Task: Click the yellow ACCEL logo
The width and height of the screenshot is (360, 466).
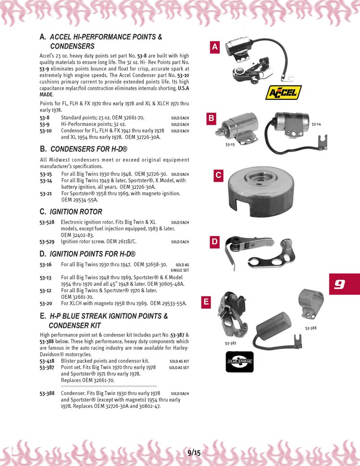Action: [x=283, y=93]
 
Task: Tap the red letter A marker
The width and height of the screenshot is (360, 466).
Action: [x=215, y=47]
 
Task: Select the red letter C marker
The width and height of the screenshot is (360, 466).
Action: [x=218, y=175]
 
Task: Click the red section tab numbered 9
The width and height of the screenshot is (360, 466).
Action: [x=344, y=284]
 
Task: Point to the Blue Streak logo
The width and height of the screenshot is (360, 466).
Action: [x=240, y=362]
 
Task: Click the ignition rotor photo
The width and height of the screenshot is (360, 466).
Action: [x=261, y=191]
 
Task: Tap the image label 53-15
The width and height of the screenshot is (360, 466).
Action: [x=230, y=145]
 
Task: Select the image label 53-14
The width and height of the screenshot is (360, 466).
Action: [x=316, y=124]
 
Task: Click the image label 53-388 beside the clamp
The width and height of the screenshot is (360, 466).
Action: [x=311, y=328]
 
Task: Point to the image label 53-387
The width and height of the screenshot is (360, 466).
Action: [x=231, y=343]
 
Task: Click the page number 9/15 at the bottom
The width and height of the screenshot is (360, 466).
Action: [x=194, y=453]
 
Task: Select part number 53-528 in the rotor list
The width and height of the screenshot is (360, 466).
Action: [x=47, y=222]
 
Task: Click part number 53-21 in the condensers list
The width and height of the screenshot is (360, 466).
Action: [x=46, y=193]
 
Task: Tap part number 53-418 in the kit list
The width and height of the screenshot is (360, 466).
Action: [x=47, y=361]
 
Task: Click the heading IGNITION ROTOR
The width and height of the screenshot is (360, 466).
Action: [x=76, y=212]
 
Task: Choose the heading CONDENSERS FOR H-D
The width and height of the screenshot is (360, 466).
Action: [x=89, y=149]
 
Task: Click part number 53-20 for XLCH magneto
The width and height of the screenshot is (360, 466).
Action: [x=46, y=303]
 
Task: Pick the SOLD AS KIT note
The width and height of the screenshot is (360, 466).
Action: [x=179, y=361]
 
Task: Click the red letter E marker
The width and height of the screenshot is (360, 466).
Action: [x=206, y=302]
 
